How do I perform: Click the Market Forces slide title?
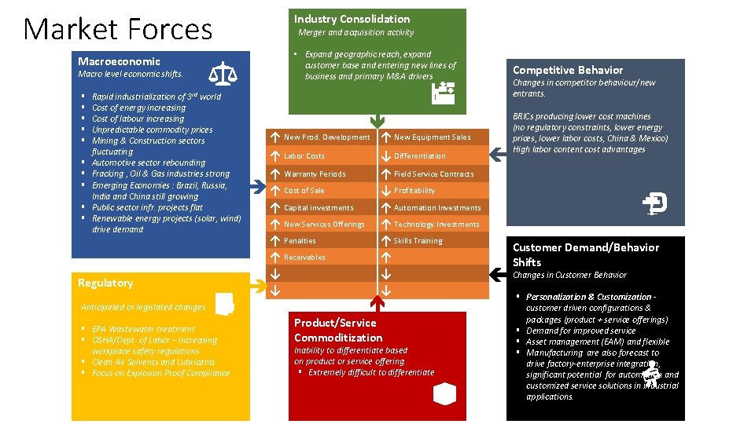click(118, 30)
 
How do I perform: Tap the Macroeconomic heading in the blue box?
click(119, 61)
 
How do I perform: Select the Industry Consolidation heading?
click(352, 19)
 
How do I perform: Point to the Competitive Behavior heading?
click(567, 70)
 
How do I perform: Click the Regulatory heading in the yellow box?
click(105, 283)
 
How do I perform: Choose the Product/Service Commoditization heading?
click(338, 330)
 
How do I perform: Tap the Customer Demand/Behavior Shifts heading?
click(586, 254)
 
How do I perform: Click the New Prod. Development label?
click(326, 137)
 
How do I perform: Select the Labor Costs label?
click(304, 156)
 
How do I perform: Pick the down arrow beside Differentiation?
click(386, 155)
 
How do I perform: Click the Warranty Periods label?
click(315, 174)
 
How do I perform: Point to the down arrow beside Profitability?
click(386, 191)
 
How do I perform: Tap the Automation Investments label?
click(437, 208)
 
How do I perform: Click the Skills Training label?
click(418, 241)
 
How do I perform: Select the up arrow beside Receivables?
click(275, 258)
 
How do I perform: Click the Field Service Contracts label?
click(434, 174)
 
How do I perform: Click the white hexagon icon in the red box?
click(444, 393)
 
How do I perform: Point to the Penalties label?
click(300, 241)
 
